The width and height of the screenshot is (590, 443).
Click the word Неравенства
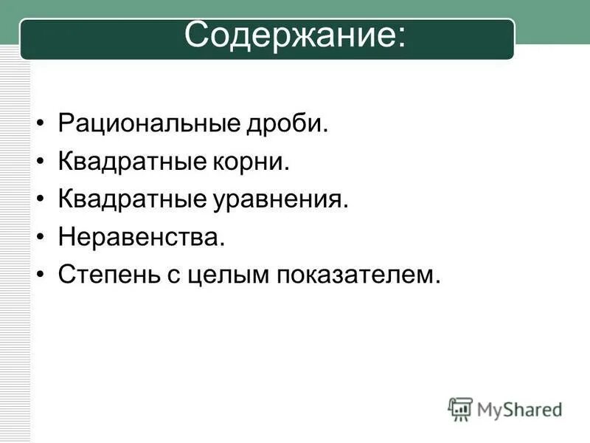click(139, 237)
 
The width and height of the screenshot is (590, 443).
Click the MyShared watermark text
click(519, 409)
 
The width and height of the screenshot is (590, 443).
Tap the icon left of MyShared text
click(460, 408)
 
